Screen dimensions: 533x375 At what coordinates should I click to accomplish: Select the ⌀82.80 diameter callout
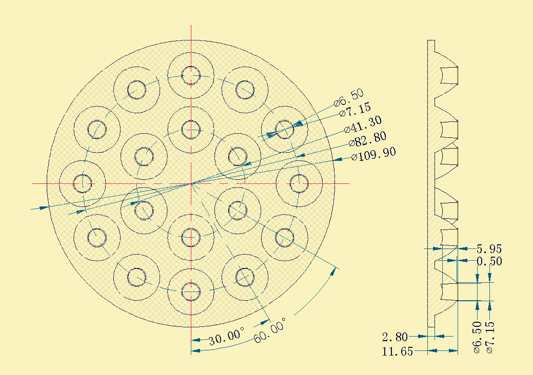pyautogui.click(x=368, y=139)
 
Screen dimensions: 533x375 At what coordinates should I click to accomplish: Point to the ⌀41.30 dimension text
pyautogui.click(x=363, y=124)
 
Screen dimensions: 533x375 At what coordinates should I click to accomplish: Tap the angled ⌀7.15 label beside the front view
pyautogui.click(x=355, y=110)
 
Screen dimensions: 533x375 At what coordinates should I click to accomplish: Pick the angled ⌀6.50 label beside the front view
pyautogui.click(x=349, y=98)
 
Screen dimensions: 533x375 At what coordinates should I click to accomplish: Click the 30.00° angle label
pyautogui.click(x=226, y=336)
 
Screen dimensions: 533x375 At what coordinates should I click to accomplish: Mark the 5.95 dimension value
pyautogui.click(x=489, y=249)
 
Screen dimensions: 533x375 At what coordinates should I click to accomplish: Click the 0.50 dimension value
pyautogui.click(x=489, y=261)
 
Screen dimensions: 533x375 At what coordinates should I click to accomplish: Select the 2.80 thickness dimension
pyautogui.click(x=394, y=337)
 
